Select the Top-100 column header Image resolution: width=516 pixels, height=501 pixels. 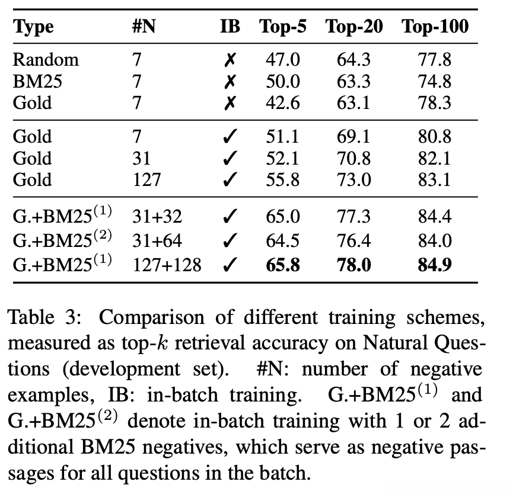coord(435,27)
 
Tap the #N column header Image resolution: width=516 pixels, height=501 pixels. coord(144,27)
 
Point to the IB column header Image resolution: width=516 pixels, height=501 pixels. coord(231,27)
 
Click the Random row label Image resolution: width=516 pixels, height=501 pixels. coord(46,60)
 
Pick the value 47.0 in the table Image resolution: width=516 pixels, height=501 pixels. coord(283,60)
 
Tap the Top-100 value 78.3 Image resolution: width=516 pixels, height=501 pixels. coord(434,103)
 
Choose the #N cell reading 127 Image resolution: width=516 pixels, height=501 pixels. coord(146,179)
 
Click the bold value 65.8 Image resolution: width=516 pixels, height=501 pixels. coord(283,265)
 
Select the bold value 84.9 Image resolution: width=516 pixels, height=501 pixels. coord(434,265)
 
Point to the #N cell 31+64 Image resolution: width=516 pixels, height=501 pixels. coord(158,241)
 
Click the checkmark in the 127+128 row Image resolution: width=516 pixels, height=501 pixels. coord(231,265)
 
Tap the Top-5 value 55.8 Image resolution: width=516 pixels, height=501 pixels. coord(283,179)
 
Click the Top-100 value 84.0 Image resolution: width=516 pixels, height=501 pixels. coord(434,241)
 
